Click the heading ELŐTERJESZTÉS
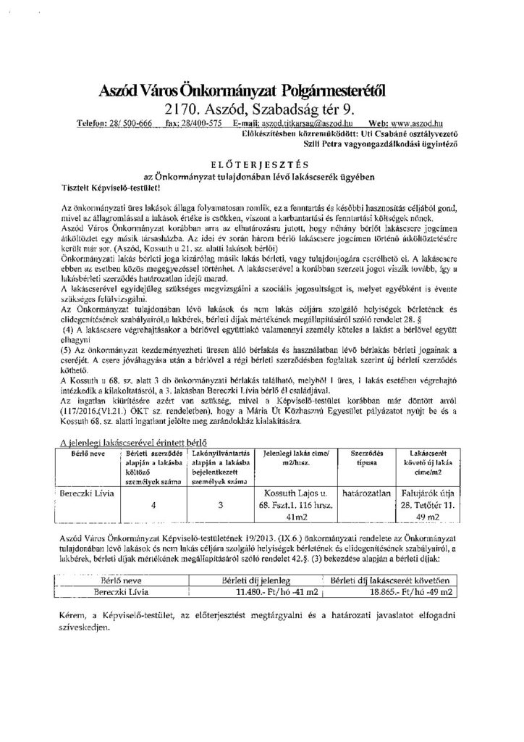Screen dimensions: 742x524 pos(262,164)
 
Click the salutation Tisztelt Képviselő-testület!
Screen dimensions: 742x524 pos(110,187)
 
